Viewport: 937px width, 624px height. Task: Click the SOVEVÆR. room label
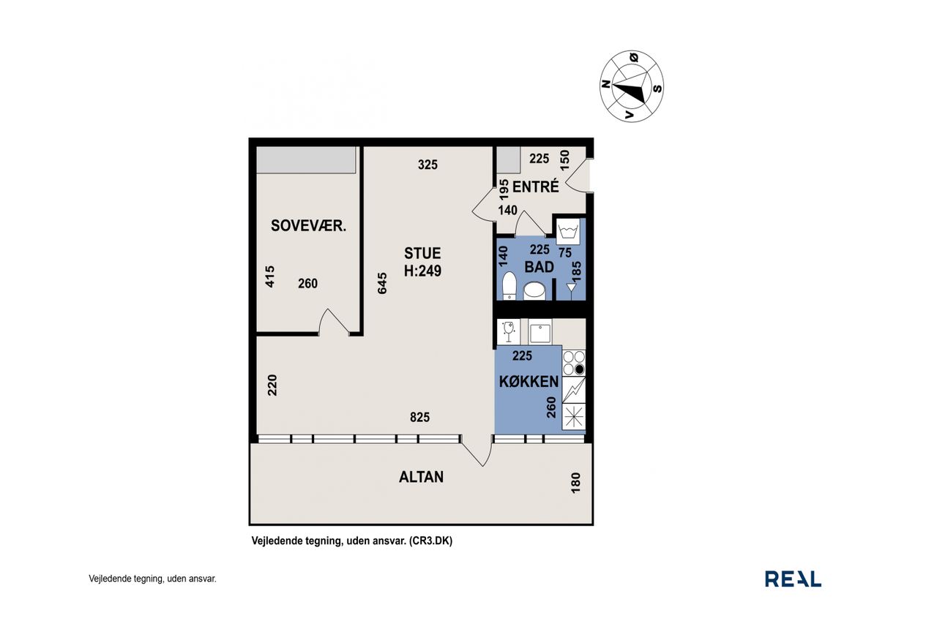point(308,226)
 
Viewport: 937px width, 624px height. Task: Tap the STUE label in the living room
point(422,253)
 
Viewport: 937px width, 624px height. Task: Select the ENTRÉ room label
point(535,187)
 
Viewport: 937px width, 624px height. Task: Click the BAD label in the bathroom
point(540,267)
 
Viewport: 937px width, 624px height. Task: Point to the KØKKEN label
point(529,381)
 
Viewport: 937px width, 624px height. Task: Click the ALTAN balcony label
point(421,477)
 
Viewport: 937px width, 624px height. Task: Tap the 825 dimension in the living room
point(419,417)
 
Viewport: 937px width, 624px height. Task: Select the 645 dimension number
point(382,283)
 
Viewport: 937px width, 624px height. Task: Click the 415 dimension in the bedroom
point(270,277)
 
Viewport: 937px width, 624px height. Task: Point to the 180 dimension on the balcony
point(575,483)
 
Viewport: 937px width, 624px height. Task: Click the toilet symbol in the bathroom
point(509,285)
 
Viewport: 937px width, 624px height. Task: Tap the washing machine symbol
point(568,231)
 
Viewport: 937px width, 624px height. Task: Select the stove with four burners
point(573,363)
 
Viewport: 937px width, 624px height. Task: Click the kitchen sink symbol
point(540,331)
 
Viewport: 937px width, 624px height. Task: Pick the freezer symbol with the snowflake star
point(573,417)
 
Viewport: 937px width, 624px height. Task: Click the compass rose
point(632,86)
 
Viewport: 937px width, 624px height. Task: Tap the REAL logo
point(793,579)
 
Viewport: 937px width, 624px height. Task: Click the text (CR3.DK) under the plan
point(430,541)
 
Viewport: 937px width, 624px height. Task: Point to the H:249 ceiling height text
point(422,271)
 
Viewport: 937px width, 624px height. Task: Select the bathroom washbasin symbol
point(534,291)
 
